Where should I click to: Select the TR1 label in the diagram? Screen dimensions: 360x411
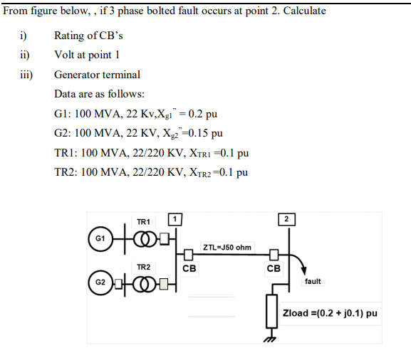click(x=142, y=221)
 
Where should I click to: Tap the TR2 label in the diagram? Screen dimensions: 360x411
click(x=142, y=267)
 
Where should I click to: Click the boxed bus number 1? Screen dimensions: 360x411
click(x=174, y=218)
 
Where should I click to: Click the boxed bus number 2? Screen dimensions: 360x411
click(x=286, y=218)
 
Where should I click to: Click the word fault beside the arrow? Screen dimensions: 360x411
click(x=313, y=281)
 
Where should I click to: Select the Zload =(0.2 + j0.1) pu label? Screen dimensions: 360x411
click(x=330, y=313)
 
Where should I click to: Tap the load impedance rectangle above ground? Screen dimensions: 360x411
click(x=271, y=312)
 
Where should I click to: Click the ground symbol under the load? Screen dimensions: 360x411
click(x=271, y=338)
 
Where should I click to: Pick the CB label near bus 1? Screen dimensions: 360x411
click(x=189, y=269)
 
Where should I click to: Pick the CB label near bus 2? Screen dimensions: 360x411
click(x=274, y=269)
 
